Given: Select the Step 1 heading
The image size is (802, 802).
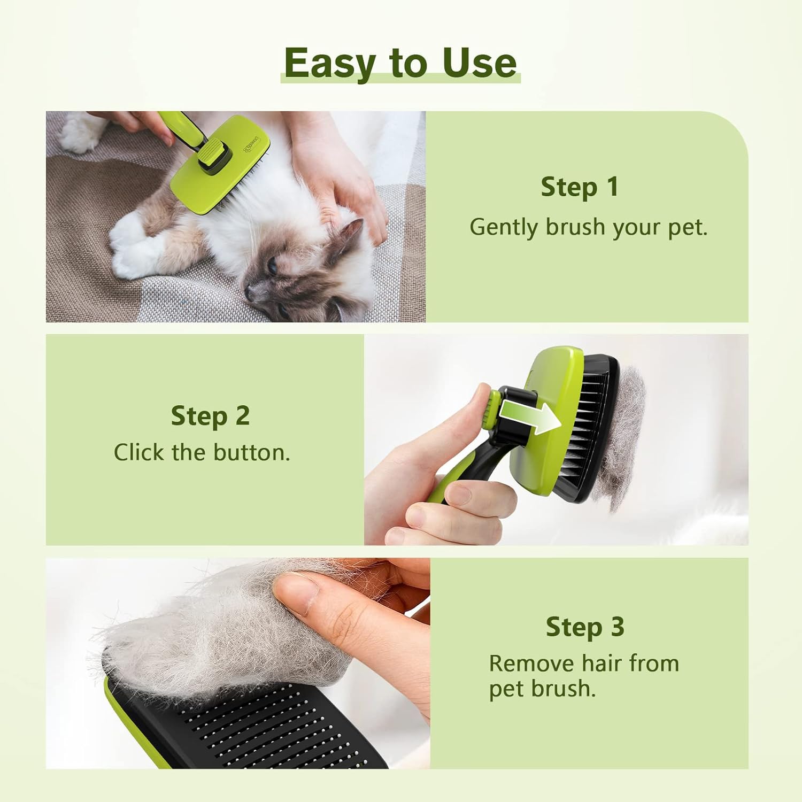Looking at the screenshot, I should [x=580, y=187].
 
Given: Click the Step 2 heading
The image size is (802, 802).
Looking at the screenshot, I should [x=210, y=416].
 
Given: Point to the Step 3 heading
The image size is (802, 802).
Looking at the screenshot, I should [x=585, y=627].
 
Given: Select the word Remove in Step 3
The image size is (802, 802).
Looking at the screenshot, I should [x=531, y=664].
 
